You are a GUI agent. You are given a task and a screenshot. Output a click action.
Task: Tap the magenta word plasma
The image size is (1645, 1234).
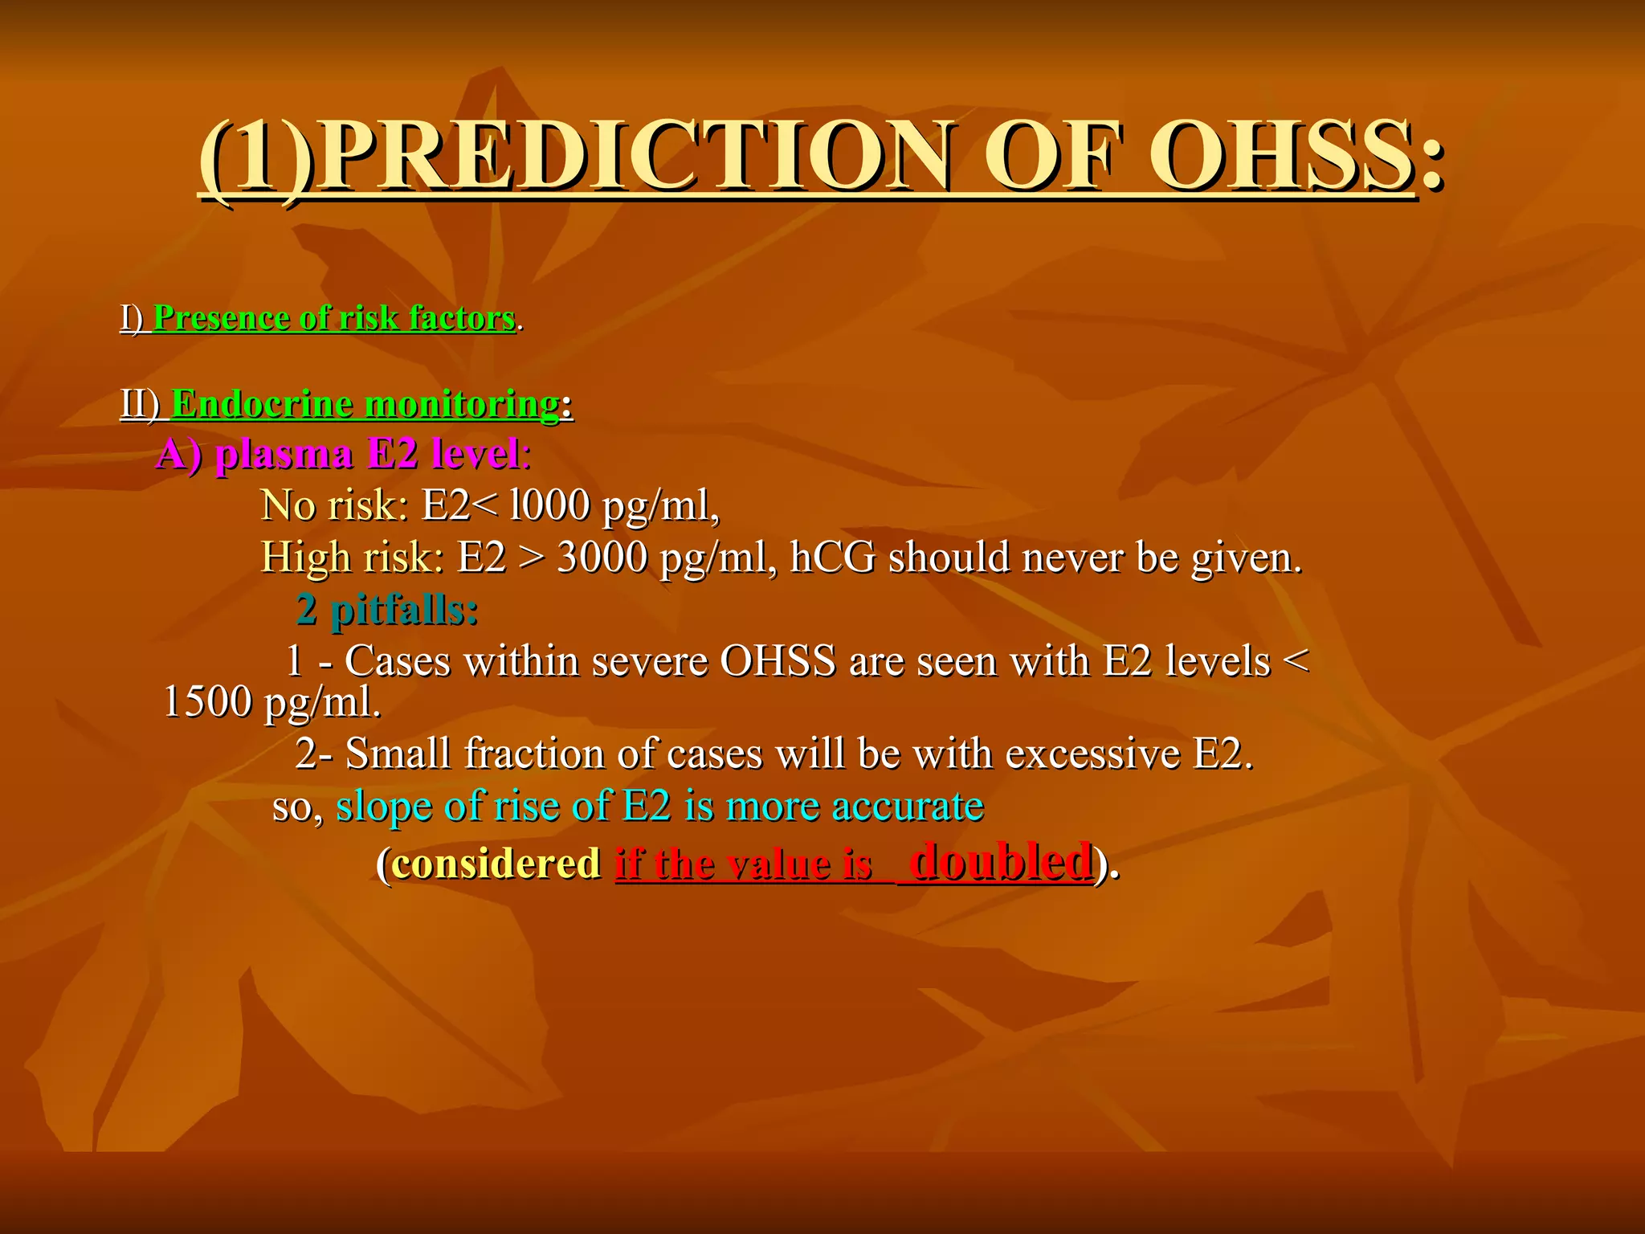coord(284,455)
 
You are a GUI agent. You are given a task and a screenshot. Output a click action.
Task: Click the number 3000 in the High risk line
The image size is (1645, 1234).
coord(602,558)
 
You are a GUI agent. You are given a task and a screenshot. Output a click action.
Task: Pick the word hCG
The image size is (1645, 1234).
coord(832,558)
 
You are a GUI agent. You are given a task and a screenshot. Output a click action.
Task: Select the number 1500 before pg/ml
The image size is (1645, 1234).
coord(207,702)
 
